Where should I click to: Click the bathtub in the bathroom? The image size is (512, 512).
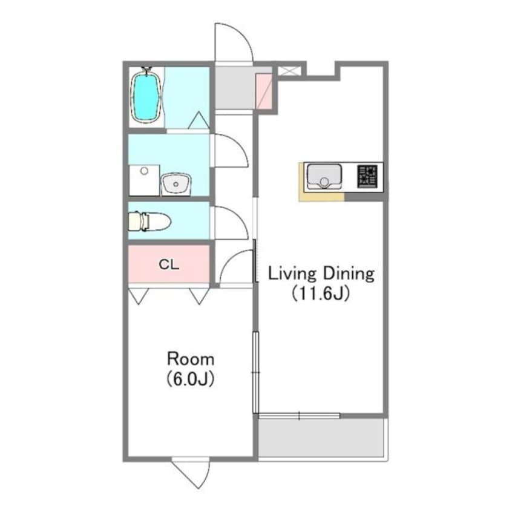146,96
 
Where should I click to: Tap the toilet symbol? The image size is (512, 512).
149,222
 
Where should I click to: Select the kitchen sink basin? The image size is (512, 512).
324,176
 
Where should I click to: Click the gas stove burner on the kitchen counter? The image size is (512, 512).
367,176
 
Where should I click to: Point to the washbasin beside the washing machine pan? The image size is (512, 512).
176,184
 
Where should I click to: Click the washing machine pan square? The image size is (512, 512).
144,180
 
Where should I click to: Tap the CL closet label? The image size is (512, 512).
169,264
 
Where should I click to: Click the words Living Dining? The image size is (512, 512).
321,274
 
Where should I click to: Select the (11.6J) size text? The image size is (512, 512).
321,293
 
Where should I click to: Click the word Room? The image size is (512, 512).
191,359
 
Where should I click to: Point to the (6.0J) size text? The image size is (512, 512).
191,379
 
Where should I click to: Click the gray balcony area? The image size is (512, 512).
321,438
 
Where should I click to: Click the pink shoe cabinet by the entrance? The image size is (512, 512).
263,91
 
